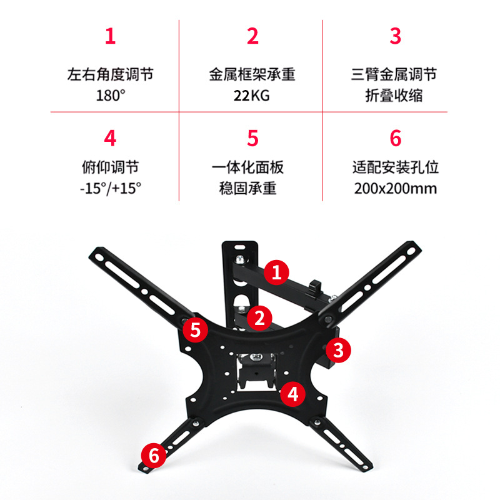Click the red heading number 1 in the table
coord(110,36)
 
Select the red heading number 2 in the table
coord(252,36)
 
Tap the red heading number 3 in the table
coord(394,36)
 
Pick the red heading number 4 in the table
coord(110,137)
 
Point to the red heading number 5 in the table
coord(252,137)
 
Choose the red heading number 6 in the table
coord(394,137)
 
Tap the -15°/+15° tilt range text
coord(110,188)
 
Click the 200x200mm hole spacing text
coord(394,188)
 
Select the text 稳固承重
coord(252,188)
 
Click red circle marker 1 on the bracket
coord(276,272)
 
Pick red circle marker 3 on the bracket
coord(338,349)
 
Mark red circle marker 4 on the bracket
coord(292,394)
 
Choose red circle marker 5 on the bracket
coord(196,329)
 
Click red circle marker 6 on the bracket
coord(154,455)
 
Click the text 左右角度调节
coord(110,75)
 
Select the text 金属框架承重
coord(252,75)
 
